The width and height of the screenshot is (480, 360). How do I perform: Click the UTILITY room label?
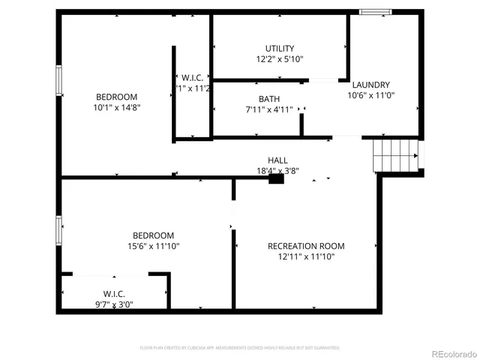click(x=280, y=49)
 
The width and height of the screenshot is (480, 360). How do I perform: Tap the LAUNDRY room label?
click(x=370, y=85)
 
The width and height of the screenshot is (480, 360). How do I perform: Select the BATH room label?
click(x=269, y=99)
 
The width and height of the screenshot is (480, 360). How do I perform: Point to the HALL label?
click(x=277, y=160)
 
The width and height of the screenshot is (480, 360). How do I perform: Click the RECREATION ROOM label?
click(x=306, y=246)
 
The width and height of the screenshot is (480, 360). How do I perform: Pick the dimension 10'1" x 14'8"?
click(x=116, y=107)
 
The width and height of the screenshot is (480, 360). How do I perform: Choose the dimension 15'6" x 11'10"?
click(x=154, y=246)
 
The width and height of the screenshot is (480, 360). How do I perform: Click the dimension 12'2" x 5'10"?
click(x=280, y=59)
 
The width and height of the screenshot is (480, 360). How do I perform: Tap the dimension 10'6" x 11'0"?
click(x=370, y=95)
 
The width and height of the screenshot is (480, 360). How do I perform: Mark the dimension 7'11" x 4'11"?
click(x=269, y=109)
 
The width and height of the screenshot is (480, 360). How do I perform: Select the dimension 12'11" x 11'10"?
click(x=306, y=256)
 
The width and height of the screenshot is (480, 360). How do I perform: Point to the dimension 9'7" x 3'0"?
click(x=114, y=304)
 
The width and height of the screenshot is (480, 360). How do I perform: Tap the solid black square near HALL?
click(x=275, y=179)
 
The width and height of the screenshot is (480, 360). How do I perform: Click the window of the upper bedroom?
click(x=58, y=80)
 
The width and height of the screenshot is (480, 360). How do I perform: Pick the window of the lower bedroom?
click(x=58, y=230)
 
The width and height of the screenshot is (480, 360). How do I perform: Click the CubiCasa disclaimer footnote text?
click(x=240, y=348)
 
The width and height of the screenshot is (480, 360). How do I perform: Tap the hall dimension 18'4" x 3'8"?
click(x=277, y=170)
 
